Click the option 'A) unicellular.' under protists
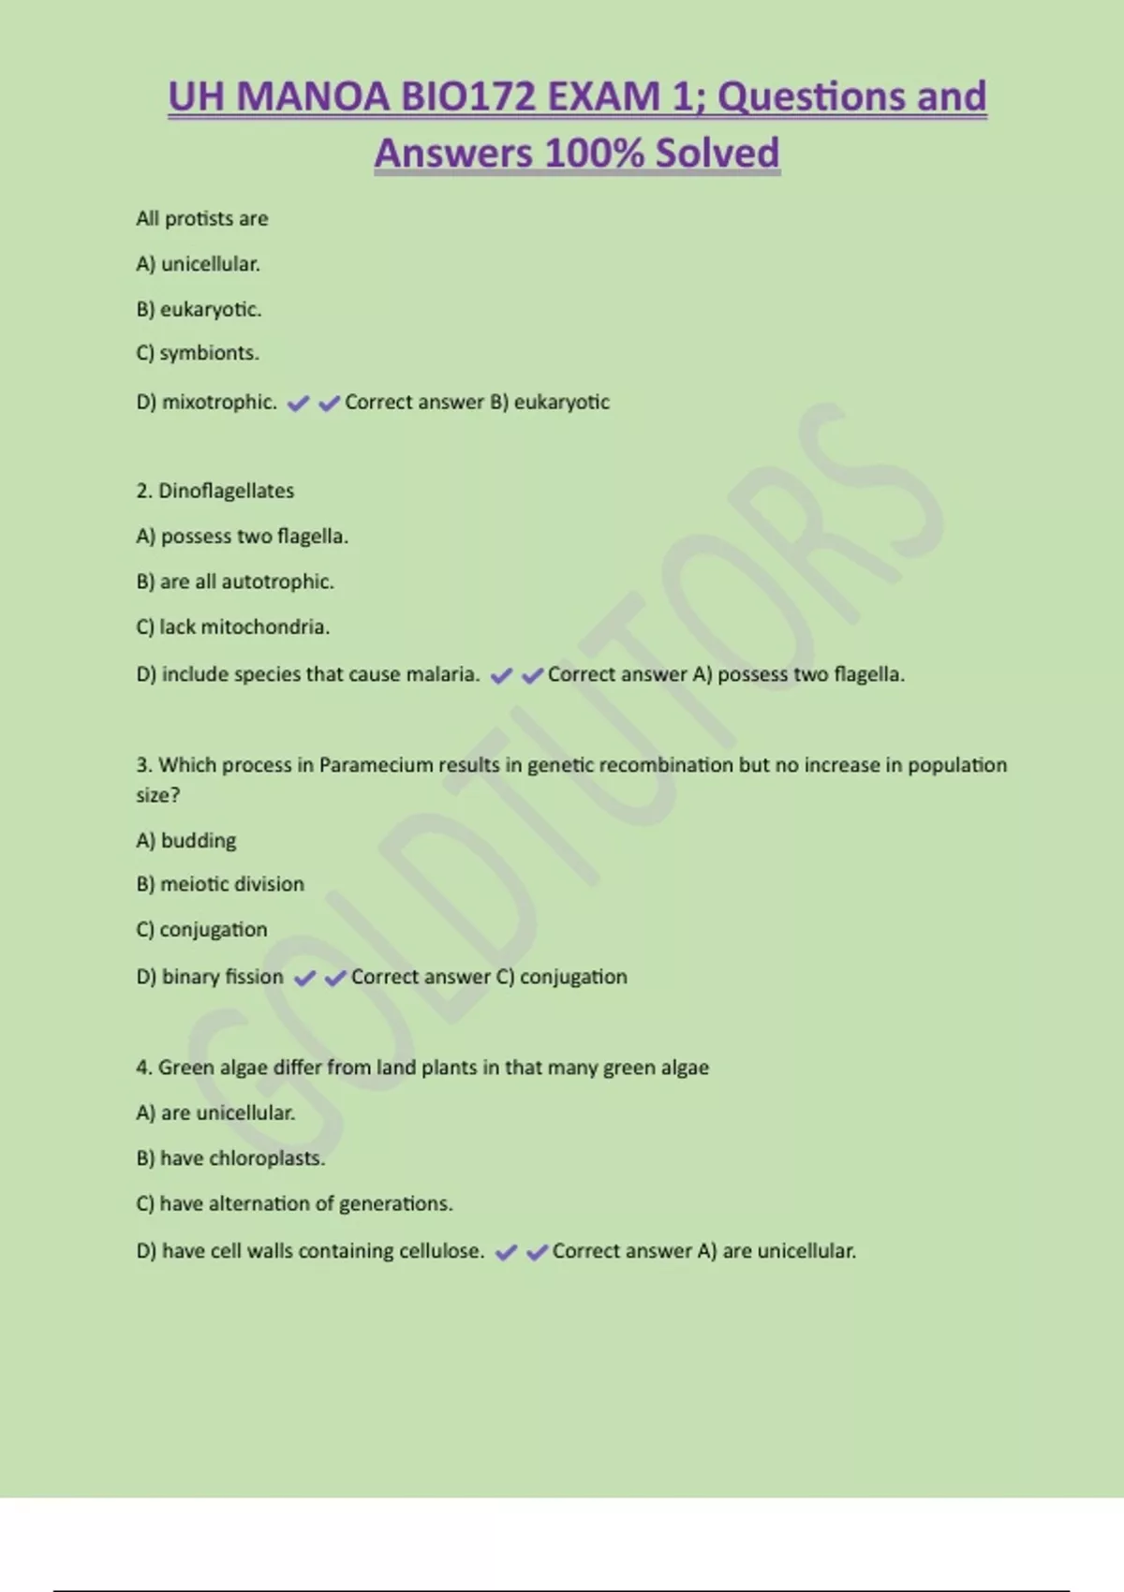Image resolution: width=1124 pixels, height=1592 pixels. [x=198, y=264]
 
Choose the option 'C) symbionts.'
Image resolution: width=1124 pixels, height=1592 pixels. [x=197, y=353]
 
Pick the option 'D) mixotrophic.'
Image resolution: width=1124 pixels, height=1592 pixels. [x=206, y=403]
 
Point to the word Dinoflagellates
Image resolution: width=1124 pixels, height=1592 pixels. [x=226, y=491]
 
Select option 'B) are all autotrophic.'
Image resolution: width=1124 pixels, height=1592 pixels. [x=234, y=582]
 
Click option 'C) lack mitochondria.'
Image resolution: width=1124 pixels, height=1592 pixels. [x=232, y=626]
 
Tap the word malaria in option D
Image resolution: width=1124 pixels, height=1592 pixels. [x=442, y=674]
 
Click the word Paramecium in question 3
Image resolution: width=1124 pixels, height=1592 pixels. [x=376, y=765]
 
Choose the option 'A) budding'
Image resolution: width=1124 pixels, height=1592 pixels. [x=185, y=840]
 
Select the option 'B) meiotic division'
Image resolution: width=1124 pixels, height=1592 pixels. [x=219, y=884]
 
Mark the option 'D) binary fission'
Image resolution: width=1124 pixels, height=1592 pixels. [x=209, y=977]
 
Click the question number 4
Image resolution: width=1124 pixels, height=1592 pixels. [x=143, y=1068]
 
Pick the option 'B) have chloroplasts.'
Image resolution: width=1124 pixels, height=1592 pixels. [x=229, y=1158]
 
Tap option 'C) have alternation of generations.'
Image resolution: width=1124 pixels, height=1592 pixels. [x=294, y=1203]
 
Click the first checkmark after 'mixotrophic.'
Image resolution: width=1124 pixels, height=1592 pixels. [x=298, y=404]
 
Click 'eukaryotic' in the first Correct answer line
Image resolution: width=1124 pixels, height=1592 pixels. [x=561, y=403]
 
